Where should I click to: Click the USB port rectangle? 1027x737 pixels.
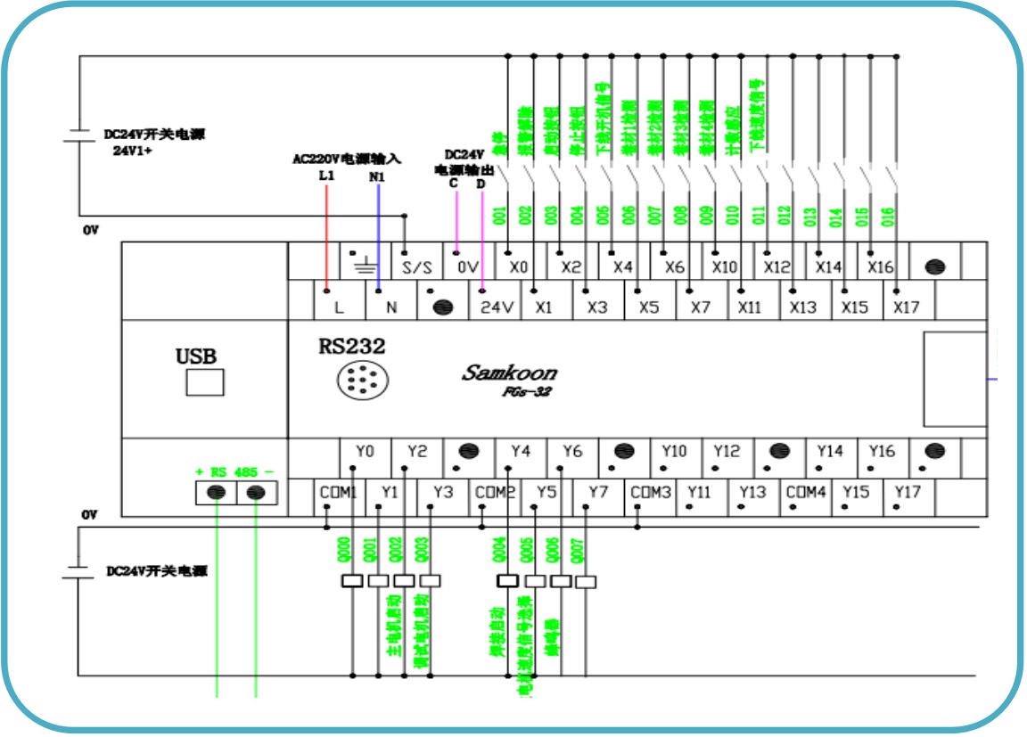pyautogui.click(x=204, y=381)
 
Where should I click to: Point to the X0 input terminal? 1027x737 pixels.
pyautogui.click(x=518, y=266)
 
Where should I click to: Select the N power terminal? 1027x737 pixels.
pyautogui.click(x=390, y=306)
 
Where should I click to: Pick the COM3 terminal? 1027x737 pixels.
pyautogui.click(x=651, y=491)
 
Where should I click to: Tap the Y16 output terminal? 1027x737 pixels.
pyautogui.click(x=883, y=452)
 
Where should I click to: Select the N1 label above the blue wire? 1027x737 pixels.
pyautogui.click(x=378, y=176)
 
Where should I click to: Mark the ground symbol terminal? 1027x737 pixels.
pyautogui.click(x=366, y=265)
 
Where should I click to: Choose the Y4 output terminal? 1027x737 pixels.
pyautogui.click(x=521, y=452)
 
